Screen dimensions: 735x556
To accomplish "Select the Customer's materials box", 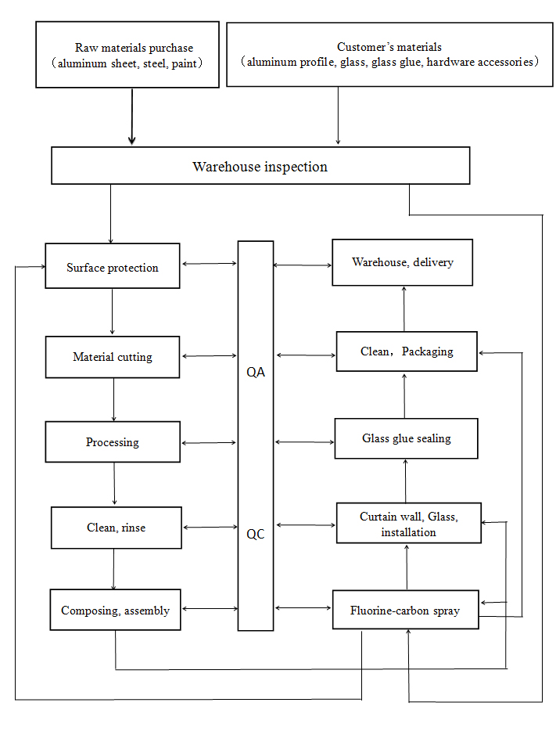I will (x=389, y=54).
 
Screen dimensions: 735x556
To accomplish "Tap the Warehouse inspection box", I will (x=260, y=166).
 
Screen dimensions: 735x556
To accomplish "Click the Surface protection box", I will (x=113, y=267).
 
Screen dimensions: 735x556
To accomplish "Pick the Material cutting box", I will (x=113, y=357).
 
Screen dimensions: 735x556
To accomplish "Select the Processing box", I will (x=113, y=442).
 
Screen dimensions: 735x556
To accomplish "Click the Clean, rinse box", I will (x=116, y=528).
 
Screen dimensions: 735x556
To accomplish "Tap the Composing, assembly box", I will (x=115, y=610).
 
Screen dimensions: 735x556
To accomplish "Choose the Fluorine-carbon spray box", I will (x=406, y=610).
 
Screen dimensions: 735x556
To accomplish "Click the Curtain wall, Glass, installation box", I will (x=408, y=524).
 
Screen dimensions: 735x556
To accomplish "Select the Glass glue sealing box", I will (x=406, y=438).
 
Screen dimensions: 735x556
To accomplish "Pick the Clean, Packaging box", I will (x=406, y=351).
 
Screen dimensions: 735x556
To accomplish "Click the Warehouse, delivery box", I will (x=402, y=262).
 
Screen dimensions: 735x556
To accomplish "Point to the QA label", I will (x=256, y=372).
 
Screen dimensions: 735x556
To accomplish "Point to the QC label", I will (x=256, y=535).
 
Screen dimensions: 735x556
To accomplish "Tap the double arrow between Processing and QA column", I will (x=209, y=443).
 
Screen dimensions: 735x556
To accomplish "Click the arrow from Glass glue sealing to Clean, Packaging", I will (x=405, y=395).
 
